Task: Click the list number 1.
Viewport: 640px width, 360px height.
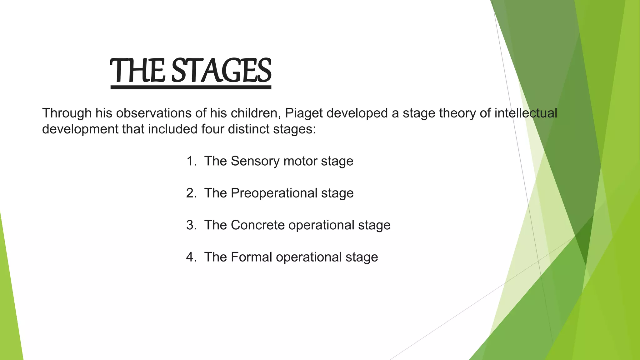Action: point(191,161)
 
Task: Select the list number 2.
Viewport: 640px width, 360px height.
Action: point(191,193)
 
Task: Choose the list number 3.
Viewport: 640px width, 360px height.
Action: point(191,225)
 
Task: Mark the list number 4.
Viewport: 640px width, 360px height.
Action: point(191,257)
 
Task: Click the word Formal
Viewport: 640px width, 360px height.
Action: point(251,257)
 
